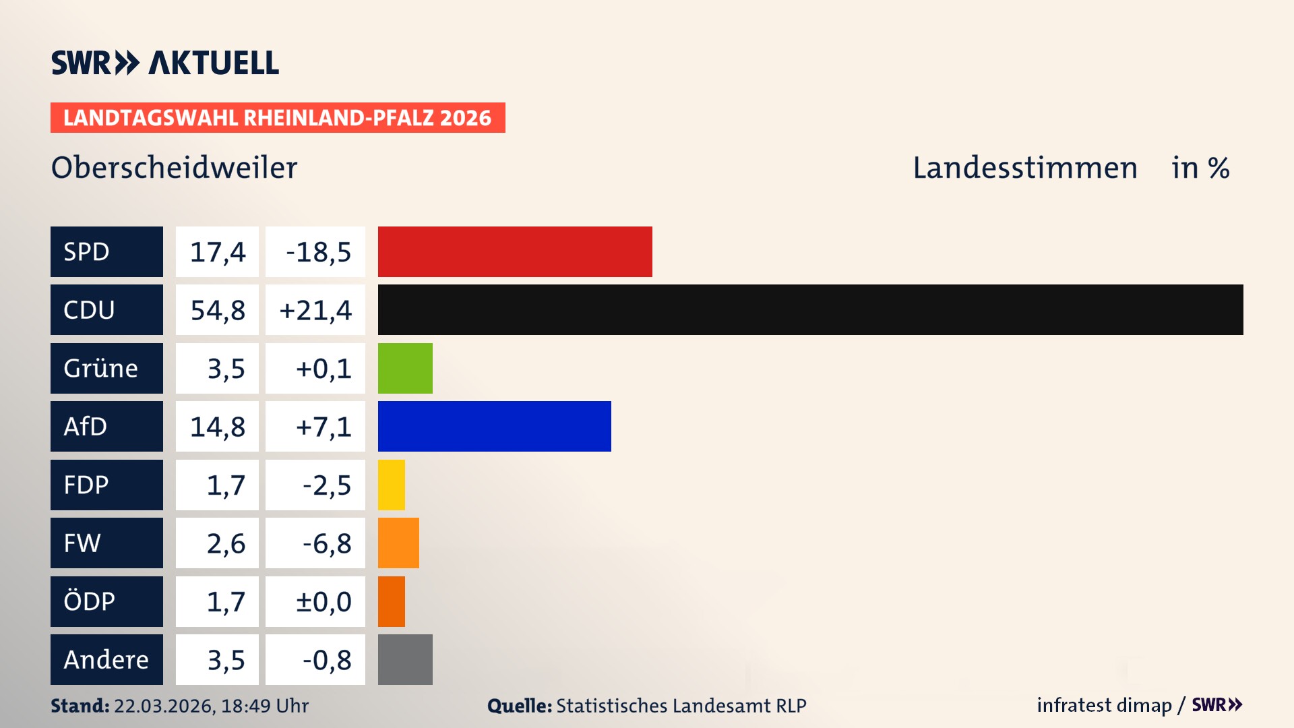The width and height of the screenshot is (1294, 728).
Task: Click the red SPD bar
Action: (515, 251)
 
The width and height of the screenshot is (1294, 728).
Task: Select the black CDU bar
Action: (810, 309)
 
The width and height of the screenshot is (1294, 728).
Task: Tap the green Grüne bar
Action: (405, 368)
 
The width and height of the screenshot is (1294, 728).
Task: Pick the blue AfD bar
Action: (494, 426)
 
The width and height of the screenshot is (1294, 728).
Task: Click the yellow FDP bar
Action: (392, 485)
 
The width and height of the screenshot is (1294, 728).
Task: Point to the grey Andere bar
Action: (405, 659)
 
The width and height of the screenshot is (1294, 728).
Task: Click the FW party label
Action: (106, 543)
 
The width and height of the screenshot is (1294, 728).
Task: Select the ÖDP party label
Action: (106, 601)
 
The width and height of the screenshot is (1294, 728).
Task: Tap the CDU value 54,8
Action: (217, 310)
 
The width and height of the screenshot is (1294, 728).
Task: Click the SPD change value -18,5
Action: (315, 251)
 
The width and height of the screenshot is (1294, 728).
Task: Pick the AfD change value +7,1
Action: (315, 426)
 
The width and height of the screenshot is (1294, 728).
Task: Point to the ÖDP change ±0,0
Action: (315, 601)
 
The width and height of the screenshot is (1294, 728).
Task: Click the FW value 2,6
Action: (217, 543)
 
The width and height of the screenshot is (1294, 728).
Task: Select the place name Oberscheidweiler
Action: (174, 168)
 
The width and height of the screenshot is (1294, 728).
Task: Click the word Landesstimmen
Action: (1024, 168)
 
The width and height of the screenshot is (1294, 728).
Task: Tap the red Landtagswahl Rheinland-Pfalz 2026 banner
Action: (278, 118)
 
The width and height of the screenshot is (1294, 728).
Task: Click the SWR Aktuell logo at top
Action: (165, 63)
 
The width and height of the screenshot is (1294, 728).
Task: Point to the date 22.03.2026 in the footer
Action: (164, 706)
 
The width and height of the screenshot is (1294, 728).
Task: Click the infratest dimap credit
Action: (1104, 705)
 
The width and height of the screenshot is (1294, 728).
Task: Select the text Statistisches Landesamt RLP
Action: (681, 706)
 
